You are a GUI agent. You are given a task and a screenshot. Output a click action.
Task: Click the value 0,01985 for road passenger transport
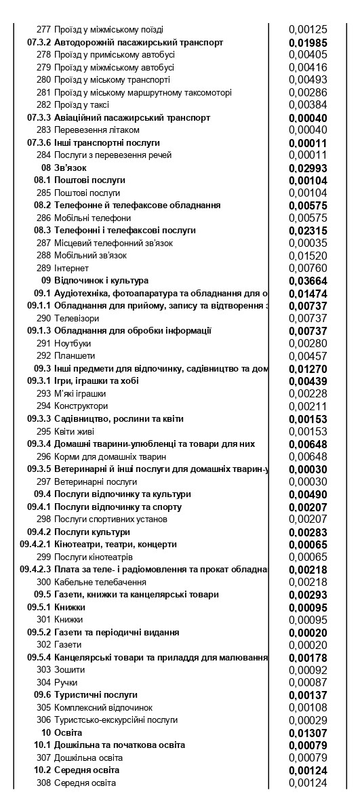pyautogui.click(x=308, y=43)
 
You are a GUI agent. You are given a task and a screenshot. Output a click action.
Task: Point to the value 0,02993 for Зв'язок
pyautogui.click(x=308, y=168)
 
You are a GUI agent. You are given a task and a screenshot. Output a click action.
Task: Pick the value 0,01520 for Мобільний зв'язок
pyautogui.click(x=308, y=256)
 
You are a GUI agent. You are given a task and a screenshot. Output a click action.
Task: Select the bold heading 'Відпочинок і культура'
pyautogui.click(x=101, y=281)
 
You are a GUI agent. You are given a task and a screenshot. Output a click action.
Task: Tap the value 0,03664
pyautogui.click(x=308, y=281)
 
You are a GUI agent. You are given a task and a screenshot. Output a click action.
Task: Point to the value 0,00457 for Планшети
pyautogui.click(x=308, y=356)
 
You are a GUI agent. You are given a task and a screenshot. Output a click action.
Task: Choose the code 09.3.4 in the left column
pyautogui.click(x=39, y=443)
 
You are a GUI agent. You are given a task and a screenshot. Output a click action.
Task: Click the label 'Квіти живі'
pyautogui.click(x=74, y=431)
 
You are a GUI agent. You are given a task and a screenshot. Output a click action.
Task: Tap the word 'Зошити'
pyautogui.click(x=68, y=670)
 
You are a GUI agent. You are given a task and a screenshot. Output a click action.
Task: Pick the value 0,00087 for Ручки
pyautogui.click(x=308, y=682)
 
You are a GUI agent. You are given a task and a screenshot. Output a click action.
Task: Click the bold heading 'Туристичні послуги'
pyautogui.click(x=96, y=695)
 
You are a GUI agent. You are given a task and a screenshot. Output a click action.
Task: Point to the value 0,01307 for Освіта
pyautogui.click(x=308, y=733)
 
